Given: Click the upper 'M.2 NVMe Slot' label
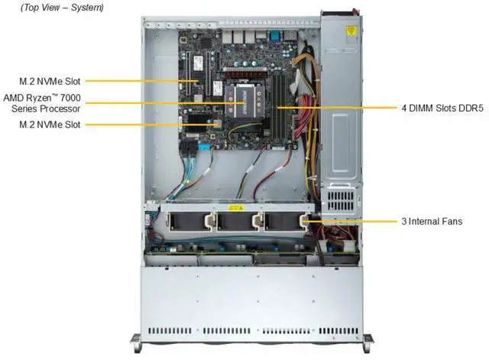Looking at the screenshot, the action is pyautogui.click(x=51, y=79).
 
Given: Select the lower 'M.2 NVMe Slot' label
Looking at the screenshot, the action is pyautogui.click(x=51, y=124).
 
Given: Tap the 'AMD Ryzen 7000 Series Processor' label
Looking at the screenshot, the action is pyautogui.click(x=42, y=102).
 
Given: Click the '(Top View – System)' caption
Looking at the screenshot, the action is pyautogui.click(x=52, y=8).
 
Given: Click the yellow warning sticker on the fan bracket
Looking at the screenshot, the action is pyautogui.click(x=236, y=208).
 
